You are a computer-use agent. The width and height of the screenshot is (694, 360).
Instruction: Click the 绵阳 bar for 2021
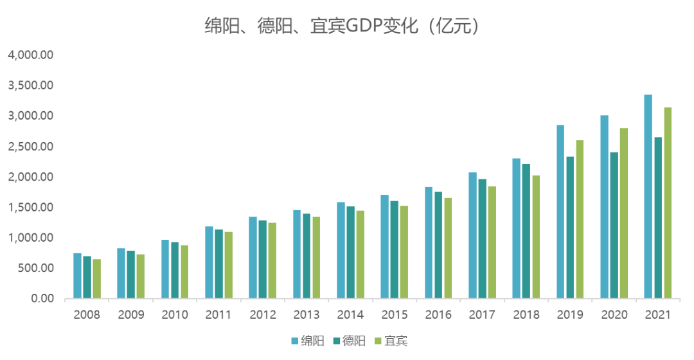click(x=648, y=197)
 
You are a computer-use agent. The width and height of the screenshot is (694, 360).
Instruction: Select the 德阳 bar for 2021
click(x=658, y=218)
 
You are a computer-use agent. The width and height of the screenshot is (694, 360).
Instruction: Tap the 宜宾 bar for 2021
click(x=668, y=203)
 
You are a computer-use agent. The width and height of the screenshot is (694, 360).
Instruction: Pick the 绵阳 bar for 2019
click(x=560, y=212)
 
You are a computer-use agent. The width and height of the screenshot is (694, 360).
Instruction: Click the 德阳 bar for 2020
click(x=614, y=226)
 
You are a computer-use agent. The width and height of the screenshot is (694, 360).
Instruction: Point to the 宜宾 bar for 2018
click(x=536, y=237)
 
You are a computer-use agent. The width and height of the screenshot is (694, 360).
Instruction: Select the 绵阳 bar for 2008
click(x=77, y=276)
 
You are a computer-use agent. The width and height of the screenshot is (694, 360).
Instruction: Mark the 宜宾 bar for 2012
click(x=272, y=261)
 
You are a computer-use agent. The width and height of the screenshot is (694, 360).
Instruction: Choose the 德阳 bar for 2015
click(x=395, y=250)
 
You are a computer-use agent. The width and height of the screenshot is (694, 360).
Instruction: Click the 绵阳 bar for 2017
click(x=472, y=235)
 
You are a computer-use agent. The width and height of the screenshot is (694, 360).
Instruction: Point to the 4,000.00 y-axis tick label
click(x=30, y=55)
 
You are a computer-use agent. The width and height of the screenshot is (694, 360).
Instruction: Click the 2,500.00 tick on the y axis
click(x=30, y=146)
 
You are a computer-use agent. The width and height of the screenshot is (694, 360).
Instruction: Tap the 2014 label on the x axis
click(x=350, y=315)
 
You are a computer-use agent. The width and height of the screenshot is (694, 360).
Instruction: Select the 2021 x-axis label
click(x=657, y=315)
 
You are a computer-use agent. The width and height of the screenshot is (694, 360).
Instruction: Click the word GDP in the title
click(x=366, y=26)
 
